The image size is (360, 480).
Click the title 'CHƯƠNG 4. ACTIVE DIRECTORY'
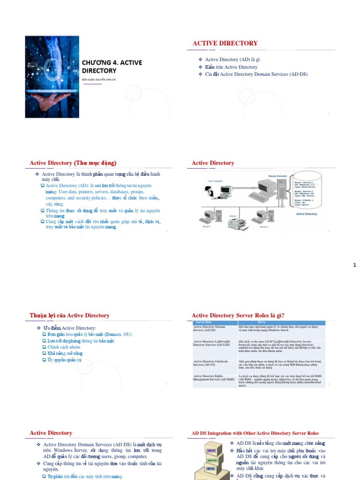[x=112, y=67]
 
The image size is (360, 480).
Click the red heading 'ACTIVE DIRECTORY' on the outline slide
[x=225, y=43]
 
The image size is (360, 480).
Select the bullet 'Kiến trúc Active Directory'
[x=231, y=67]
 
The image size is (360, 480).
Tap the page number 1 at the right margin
[x=354, y=265]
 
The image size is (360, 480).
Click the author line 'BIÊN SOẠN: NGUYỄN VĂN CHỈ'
[x=98, y=80]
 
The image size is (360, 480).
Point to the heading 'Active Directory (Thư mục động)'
[x=73, y=163]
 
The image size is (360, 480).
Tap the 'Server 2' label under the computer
[x=263, y=227]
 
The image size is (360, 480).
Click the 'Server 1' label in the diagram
[x=206, y=227]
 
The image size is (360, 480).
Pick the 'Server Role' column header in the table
[x=203, y=322]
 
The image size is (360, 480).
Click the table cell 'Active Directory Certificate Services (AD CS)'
[x=210, y=363]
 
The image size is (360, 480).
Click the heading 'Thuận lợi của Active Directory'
[x=69, y=315]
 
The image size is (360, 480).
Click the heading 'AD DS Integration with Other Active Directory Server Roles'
[x=255, y=433]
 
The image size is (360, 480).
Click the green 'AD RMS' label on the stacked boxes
[x=211, y=460]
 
